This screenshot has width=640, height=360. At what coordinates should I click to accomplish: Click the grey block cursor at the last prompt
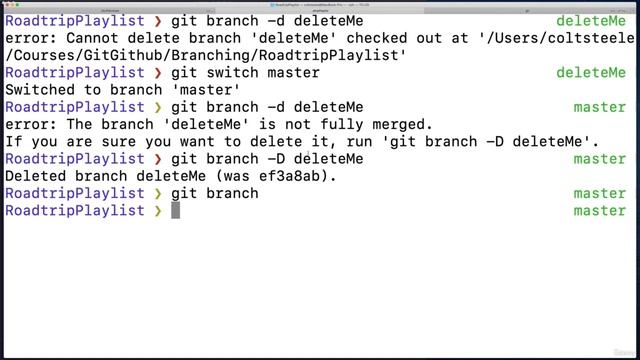tap(175, 211)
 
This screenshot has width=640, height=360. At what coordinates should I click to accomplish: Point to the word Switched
tap(41, 90)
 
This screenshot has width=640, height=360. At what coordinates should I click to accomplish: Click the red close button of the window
tap(8, 4)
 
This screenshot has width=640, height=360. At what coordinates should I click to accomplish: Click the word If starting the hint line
tap(15, 142)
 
